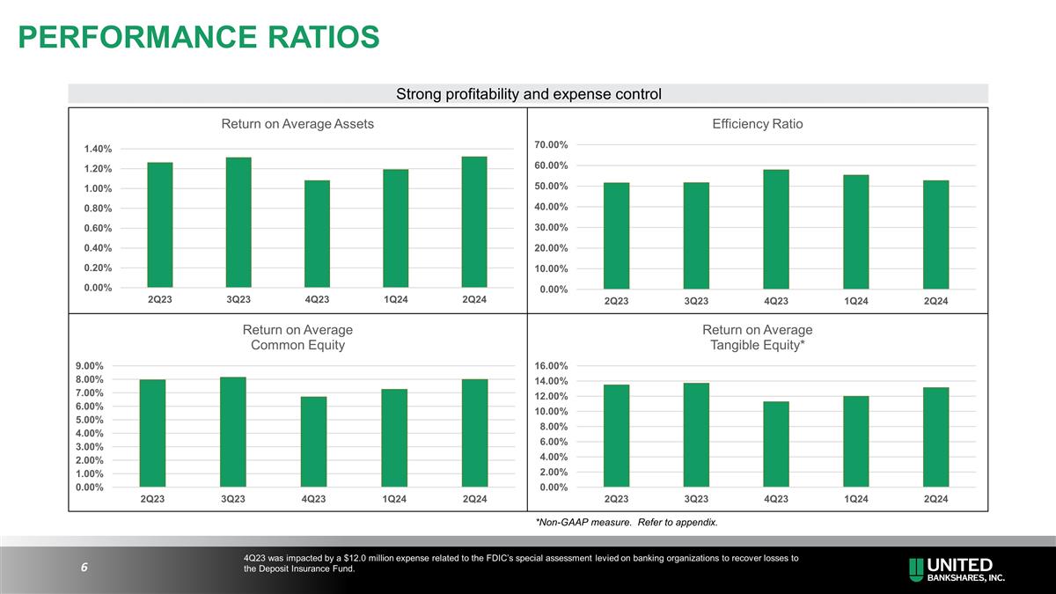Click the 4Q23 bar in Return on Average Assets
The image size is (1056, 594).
[317, 234]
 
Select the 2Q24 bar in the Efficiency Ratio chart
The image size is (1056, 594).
[935, 235]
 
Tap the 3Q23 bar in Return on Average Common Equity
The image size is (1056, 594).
[233, 432]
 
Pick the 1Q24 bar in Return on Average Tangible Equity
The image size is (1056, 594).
[855, 442]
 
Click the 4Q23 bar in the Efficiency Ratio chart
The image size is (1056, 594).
[775, 230]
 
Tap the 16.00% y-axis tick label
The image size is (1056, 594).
[558, 366]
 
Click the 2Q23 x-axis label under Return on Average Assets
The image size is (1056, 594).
[159, 300]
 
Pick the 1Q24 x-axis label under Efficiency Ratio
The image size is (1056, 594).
[855, 302]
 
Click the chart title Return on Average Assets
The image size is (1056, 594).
[297, 124]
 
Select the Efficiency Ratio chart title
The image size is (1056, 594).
[757, 124]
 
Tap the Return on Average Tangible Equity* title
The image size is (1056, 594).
[757, 338]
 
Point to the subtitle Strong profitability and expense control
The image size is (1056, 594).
[528, 94]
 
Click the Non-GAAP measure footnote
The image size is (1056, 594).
[626, 523]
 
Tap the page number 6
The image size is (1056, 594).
[84, 568]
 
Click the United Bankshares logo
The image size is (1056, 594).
[957, 569]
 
